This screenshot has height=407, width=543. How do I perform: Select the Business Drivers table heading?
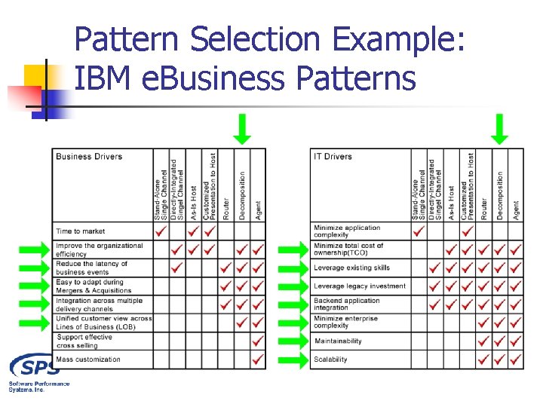click(x=89, y=157)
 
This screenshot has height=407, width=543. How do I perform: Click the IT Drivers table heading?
click(x=333, y=157)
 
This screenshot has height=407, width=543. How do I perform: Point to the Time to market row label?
click(x=81, y=231)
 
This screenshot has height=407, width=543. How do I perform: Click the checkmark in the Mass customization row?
click(x=259, y=360)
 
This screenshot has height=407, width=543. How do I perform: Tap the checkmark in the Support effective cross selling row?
click(x=259, y=341)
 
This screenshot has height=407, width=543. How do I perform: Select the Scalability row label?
click(x=330, y=360)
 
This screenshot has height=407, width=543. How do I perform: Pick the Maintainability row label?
click(x=338, y=341)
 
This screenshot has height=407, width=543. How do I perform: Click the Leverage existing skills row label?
click(x=351, y=268)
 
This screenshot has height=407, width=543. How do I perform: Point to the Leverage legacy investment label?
click(x=360, y=286)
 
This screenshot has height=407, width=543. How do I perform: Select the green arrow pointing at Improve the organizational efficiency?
click(x=35, y=249)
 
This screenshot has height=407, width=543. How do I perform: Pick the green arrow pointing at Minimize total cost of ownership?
click(x=293, y=249)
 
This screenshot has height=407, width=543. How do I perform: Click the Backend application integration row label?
click(x=347, y=304)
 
